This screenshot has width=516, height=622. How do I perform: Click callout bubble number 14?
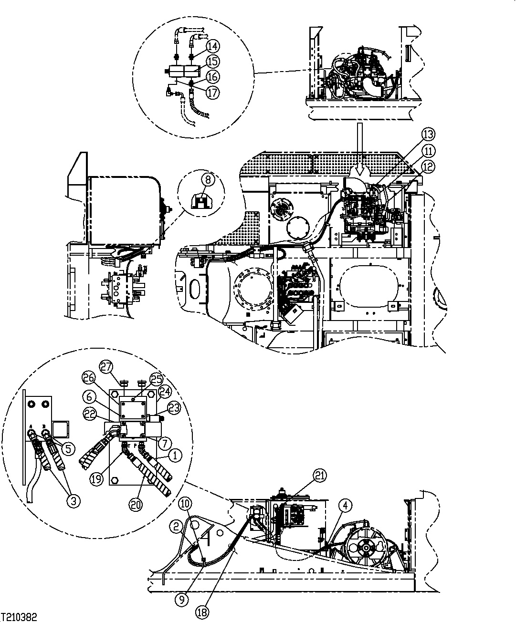pos(212,46)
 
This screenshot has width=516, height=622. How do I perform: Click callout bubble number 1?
pos(175,456)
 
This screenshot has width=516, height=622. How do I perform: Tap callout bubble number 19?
pos(97,479)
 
